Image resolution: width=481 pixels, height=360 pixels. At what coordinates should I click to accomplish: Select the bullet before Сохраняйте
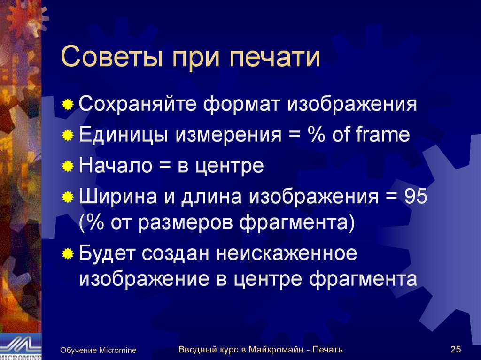[68, 104]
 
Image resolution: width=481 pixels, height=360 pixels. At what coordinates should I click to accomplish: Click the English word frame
[383, 135]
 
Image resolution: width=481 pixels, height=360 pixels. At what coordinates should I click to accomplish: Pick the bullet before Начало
[68, 167]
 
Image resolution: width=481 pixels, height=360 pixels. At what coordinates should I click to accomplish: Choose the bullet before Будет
[68, 254]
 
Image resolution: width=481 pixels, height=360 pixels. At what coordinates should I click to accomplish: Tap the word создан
[178, 253]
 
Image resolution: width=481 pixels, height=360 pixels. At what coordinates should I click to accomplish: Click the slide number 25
[455, 349]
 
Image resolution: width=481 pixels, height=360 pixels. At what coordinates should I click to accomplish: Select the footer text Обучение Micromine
[98, 350]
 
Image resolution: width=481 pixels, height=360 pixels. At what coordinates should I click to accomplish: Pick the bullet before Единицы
[68, 136]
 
